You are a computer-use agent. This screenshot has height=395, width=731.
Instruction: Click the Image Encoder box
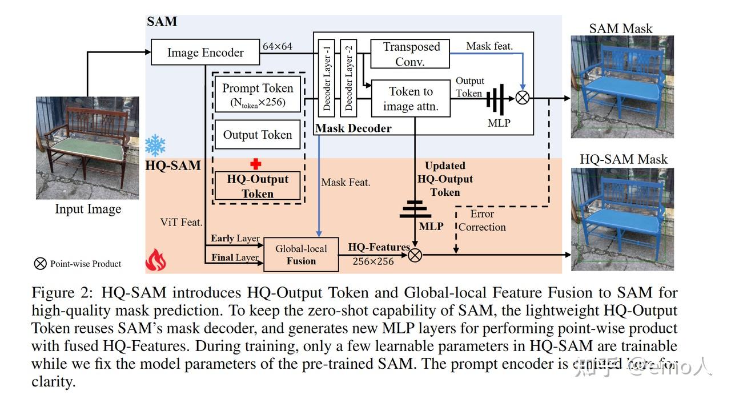205,53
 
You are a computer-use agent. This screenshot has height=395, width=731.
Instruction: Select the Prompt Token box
257,95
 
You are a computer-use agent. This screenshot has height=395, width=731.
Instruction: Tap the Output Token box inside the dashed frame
257,135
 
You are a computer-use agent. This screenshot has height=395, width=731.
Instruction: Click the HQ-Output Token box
258,186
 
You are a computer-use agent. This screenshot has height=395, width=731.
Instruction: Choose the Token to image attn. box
411,98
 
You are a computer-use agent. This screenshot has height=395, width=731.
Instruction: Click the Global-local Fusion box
301,255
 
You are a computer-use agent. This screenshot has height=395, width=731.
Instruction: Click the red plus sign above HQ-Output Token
256,164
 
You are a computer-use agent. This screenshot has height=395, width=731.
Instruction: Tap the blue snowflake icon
155,146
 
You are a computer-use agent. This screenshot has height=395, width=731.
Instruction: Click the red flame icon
155,260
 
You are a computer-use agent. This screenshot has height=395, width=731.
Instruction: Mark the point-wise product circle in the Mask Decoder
522,98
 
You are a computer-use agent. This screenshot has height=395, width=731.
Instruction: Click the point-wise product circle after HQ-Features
415,255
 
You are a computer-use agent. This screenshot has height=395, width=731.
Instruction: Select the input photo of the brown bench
87,147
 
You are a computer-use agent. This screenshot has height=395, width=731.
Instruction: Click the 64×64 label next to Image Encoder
277,46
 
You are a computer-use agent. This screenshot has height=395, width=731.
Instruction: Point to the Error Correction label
482,220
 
